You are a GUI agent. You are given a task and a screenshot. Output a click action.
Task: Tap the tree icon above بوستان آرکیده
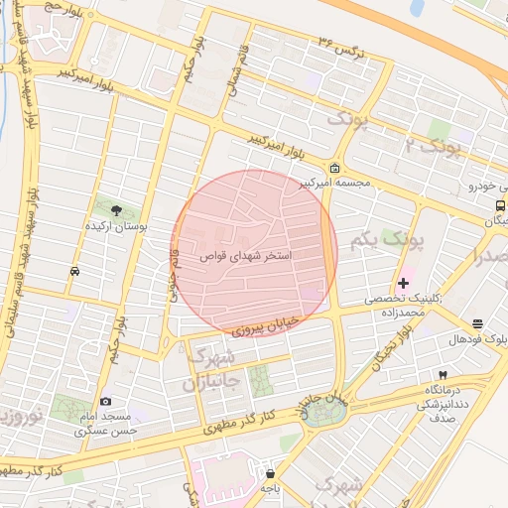[117, 209]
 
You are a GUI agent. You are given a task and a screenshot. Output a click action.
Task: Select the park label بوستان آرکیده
[117, 227]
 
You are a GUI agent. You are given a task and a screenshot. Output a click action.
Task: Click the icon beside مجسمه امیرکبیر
[335, 167]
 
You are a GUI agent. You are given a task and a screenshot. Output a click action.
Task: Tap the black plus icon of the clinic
[403, 284]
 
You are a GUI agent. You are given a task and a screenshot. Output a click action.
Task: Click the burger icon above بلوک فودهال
[478, 323]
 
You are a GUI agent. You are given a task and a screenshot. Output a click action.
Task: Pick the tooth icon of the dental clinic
[443, 374]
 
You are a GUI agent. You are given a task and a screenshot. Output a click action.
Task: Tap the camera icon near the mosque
[105, 401]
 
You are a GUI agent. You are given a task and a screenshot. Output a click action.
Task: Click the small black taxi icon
[75, 271]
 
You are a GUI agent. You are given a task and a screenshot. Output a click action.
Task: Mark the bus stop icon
[498, 205]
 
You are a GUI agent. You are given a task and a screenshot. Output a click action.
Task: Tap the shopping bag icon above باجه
[270, 473]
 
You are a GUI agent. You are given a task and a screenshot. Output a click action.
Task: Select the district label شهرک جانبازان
[211, 368]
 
